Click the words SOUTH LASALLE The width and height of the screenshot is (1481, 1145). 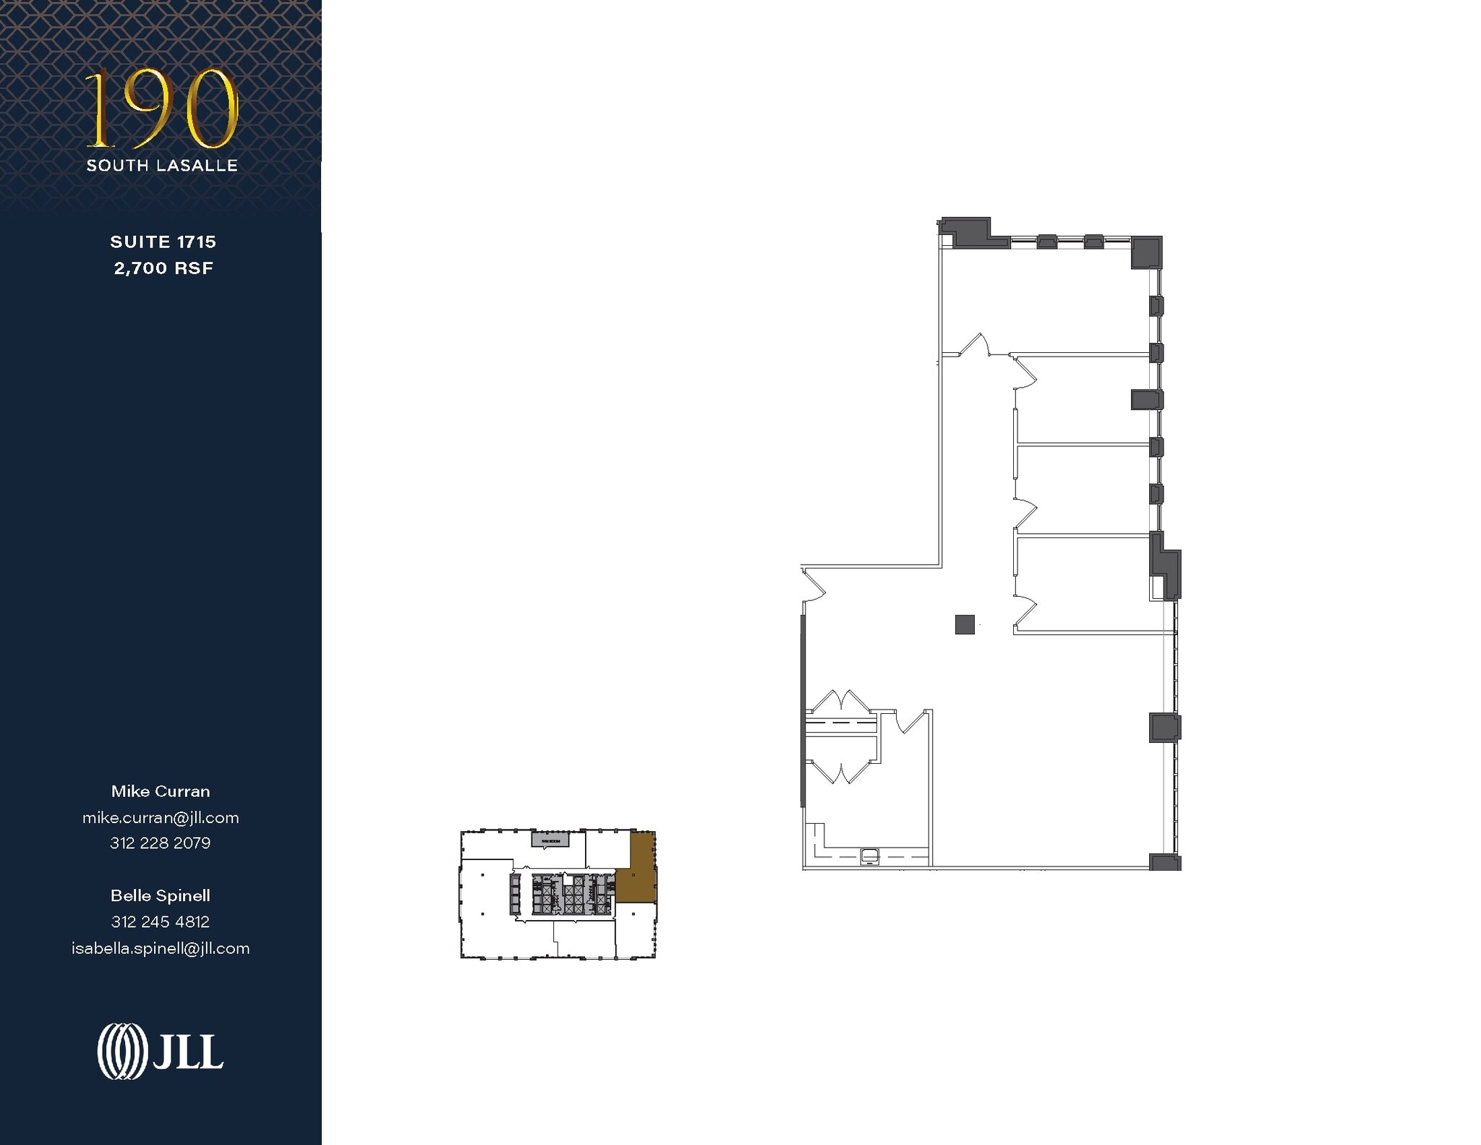162,166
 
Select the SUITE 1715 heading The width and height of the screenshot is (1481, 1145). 163,242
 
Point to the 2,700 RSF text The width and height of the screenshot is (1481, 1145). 163,268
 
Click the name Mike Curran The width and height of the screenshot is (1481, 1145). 161,791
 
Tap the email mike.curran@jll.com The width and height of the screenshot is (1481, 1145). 161,817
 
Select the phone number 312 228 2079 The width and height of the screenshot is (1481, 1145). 161,843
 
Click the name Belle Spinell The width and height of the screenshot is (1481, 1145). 161,895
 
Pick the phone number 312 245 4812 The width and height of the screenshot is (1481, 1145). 161,921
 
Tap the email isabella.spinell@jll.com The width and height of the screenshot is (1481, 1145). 161,948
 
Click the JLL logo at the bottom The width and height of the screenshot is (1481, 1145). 161,1052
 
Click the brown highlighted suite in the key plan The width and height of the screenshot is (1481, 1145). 638,875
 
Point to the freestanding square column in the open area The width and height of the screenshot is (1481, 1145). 964,624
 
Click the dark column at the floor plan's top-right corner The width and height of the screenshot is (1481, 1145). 1145,252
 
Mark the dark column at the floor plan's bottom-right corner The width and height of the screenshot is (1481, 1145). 1164,861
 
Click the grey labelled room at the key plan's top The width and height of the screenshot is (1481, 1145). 550,840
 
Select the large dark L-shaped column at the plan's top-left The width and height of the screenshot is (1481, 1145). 969,232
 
